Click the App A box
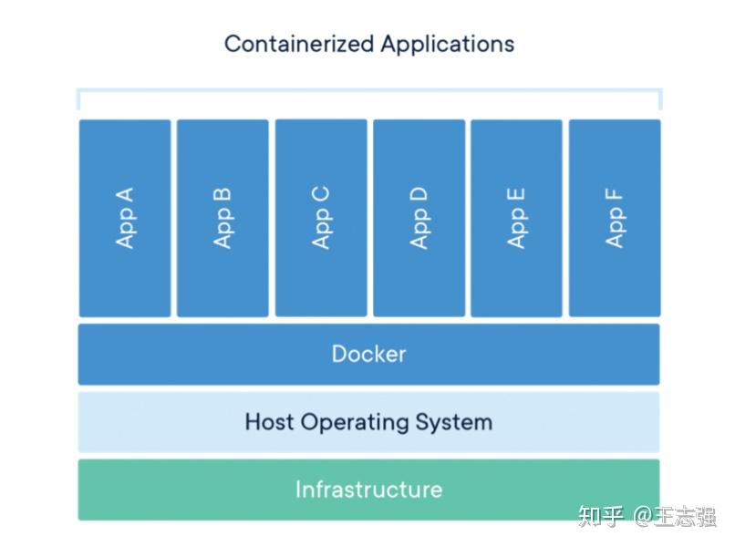124,219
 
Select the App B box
223,219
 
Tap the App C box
321,219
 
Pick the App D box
419,219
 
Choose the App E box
516,219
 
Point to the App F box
615,219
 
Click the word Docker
368,354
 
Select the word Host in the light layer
269,422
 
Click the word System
454,423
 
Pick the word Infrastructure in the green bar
368,490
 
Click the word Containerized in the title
298,44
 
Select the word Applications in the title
447,45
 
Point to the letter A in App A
125,194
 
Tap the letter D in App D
419,194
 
